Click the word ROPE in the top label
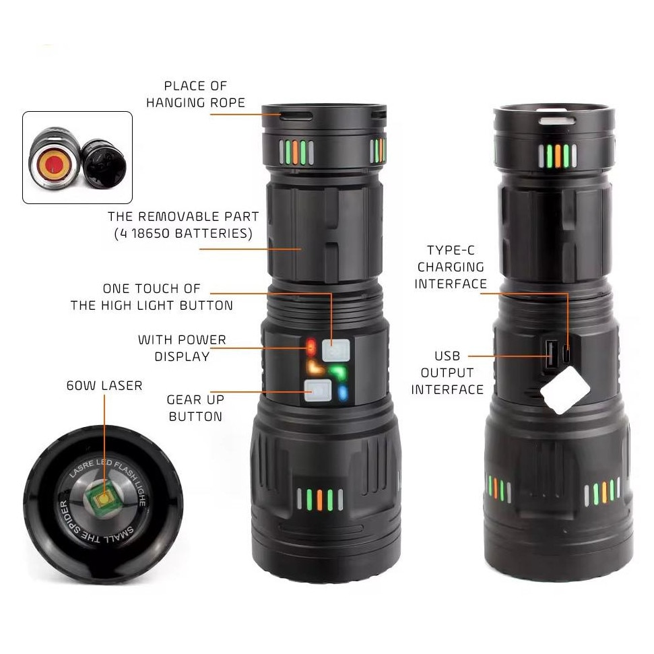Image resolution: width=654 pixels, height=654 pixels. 227,102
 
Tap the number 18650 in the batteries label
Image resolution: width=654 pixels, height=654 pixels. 151,233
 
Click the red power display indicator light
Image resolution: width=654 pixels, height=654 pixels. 311,347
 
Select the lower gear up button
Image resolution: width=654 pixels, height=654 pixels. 318,391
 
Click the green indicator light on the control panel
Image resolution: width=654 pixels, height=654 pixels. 338,371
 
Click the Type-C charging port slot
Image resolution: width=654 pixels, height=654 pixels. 567,354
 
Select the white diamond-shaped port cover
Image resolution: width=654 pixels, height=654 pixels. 564,391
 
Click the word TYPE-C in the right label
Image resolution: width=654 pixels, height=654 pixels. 451,251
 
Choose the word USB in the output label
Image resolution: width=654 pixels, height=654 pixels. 447,356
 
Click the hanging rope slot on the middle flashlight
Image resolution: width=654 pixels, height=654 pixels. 296,116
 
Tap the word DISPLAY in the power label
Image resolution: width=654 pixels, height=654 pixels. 182,356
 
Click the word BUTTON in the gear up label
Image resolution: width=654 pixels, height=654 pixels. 195,417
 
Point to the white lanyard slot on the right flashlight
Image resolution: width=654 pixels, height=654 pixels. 557,121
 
